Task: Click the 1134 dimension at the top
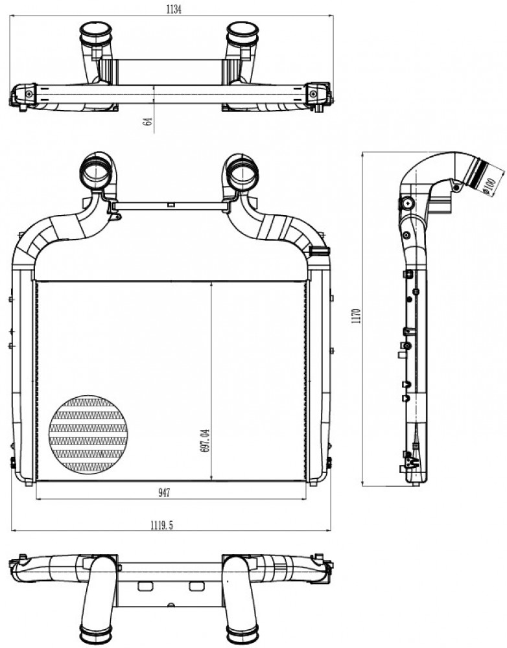174,9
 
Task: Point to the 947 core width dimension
164,493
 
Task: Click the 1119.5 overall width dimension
161,526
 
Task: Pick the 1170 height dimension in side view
357,316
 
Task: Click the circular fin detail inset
88,435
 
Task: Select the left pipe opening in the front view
97,172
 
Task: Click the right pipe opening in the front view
244,173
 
